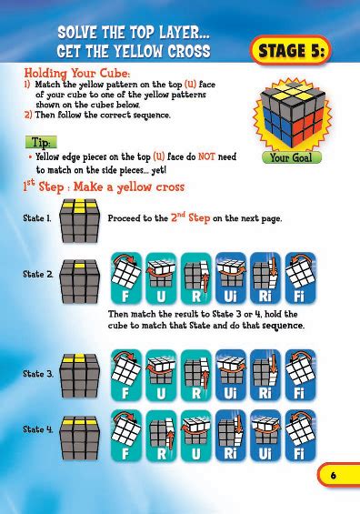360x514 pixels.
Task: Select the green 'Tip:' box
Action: click(x=41, y=144)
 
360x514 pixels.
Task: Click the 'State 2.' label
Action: click(x=37, y=274)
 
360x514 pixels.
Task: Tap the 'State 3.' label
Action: click(x=37, y=373)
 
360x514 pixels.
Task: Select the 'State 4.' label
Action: click(x=37, y=428)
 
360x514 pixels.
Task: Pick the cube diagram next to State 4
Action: click(x=78, y=428)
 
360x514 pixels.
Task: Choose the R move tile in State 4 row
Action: click(x=159, y=432)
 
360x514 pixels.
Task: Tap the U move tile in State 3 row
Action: click(x=159, y=374)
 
